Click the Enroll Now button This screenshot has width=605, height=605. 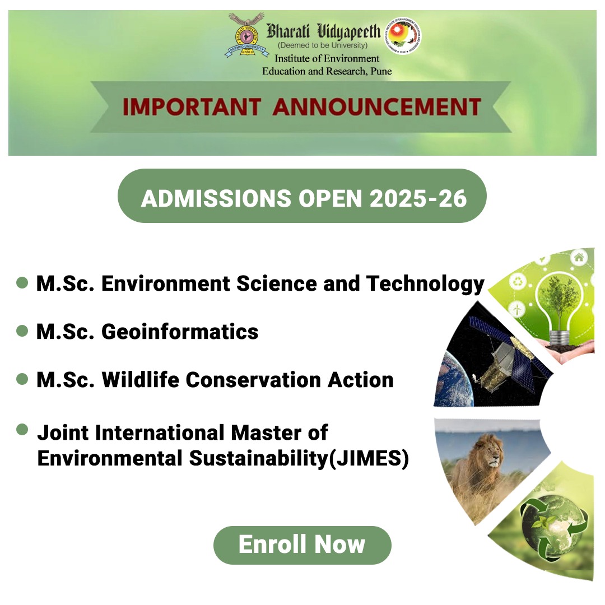click(302, 545)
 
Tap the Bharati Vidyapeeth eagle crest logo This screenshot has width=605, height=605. click(246, 35)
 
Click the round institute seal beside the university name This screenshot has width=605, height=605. click(403, 35)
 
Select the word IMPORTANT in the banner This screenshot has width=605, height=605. click(192, 107)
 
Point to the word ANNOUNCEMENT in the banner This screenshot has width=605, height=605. click(377, 107)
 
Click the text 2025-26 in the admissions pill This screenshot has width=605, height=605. click(418, 198)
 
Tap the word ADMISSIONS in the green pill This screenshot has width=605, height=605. click(216, 198)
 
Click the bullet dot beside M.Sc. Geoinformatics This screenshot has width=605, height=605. click(22, 331)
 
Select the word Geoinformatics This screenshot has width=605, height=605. click(180, 332)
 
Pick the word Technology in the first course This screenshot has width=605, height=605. click(425, 284)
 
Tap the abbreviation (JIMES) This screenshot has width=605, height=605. click(369, 458)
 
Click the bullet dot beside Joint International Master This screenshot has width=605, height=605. click(22, 429)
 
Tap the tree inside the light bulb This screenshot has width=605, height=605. click(559, 299)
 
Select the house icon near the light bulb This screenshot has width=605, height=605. click(579, 257)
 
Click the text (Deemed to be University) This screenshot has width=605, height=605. click(323, 45)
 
